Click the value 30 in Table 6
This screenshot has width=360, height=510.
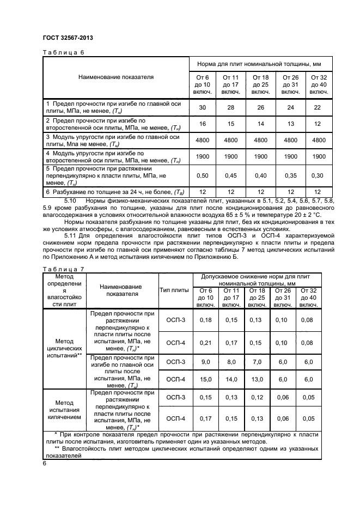pyautogui.click(x=203, y=107)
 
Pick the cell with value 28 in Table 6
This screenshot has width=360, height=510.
pyautogui.click(x=231, y=107)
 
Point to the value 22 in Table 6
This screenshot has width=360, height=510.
pyautogui.click(x=319, y=107)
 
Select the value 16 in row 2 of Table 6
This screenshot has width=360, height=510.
pyautogui.click(x=203, y=124)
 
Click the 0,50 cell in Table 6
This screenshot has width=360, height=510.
pyautogui.click(x=203, y=175)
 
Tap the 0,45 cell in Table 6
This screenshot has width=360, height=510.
pyautogui.click(x=231, y=175)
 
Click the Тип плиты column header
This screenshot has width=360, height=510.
pyautogui.click(x=174, y=290)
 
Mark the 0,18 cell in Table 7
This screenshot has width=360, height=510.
pyautogui.click(x=205, y=320)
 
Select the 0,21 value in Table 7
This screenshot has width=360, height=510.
pyautogui.click(x=205, y=342)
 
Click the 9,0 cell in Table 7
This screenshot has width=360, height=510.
pyautogui.click(x=205, y=362)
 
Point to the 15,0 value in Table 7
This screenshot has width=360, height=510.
pyautogui.click(x=205, y=379)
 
